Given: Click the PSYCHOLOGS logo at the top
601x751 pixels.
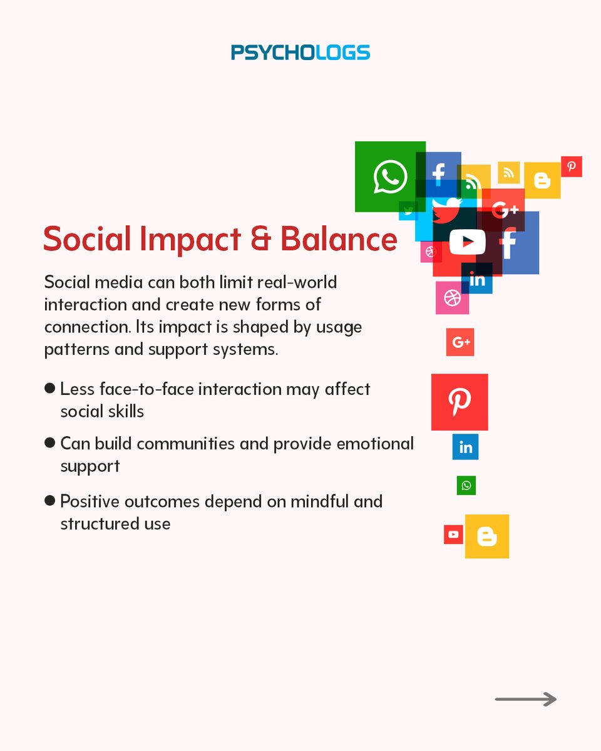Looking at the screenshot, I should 300,52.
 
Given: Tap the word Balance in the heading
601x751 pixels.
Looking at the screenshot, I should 338,239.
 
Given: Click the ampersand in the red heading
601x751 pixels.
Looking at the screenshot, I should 259,239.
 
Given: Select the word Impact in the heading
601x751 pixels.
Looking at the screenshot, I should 190,240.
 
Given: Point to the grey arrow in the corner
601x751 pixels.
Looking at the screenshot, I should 525,699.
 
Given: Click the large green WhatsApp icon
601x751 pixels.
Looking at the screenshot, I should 389,176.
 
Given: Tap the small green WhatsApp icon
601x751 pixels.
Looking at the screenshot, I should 466,485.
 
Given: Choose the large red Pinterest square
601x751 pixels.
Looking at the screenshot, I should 460,402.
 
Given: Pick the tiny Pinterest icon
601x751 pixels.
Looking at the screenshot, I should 571,166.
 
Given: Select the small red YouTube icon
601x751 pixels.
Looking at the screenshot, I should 453,534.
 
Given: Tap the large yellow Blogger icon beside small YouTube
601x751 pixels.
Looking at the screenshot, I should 486,536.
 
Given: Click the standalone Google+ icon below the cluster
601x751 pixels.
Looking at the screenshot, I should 460,342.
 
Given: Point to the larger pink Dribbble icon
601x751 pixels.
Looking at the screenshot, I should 452,298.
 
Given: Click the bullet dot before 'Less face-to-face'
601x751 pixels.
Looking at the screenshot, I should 50,388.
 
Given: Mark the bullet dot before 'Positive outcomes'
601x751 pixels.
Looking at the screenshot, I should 50,501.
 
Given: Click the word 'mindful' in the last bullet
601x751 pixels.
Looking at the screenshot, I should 300,501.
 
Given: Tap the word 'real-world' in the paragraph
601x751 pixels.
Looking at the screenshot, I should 298,282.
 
